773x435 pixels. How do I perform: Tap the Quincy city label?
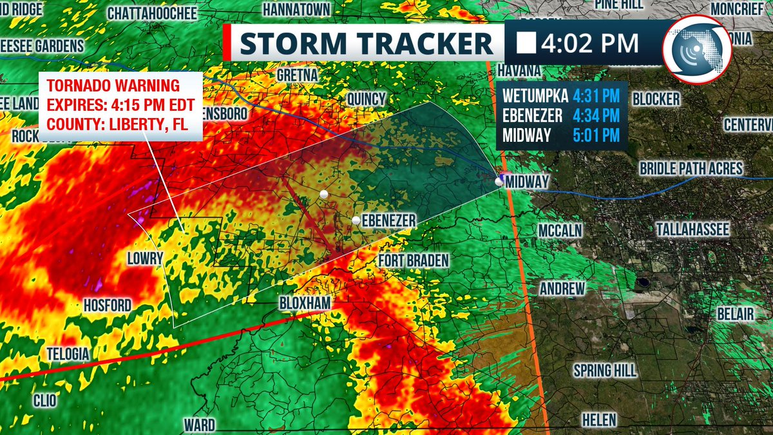coord(366,99)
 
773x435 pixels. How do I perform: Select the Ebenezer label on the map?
coord(388,221)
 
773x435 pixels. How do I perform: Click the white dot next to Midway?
coord(499,182)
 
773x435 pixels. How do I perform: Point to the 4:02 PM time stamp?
coord(590,44)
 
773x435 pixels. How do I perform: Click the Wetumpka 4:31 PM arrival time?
coord(595,97)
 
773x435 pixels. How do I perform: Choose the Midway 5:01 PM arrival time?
coord(595,135)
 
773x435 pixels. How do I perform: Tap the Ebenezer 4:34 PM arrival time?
coord(595,116)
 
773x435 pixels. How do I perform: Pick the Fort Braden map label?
coord(413,260)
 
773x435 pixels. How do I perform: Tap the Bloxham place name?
coord(305,303)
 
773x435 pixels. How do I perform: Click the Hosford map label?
coord(108,305)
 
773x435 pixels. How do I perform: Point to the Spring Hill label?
coord(605,371)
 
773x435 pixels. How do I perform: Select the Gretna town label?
coord(297,75)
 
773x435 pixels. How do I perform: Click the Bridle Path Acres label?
coord(691,169)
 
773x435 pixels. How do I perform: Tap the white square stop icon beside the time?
coord(528,44)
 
